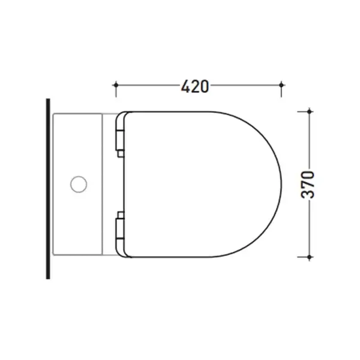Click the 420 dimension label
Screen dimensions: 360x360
(194, 86)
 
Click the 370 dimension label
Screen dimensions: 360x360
(307, 184)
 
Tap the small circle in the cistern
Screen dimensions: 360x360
(79, 184)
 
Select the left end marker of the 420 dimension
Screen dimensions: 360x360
(116, 85)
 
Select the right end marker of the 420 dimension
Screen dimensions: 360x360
(281, 85)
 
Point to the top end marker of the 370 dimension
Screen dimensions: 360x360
(310, 112)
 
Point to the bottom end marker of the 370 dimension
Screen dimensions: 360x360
(310, 257)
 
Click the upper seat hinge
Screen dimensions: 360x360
(120, 140)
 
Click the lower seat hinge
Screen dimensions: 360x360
(120, 229)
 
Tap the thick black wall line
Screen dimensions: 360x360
(48, 189)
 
